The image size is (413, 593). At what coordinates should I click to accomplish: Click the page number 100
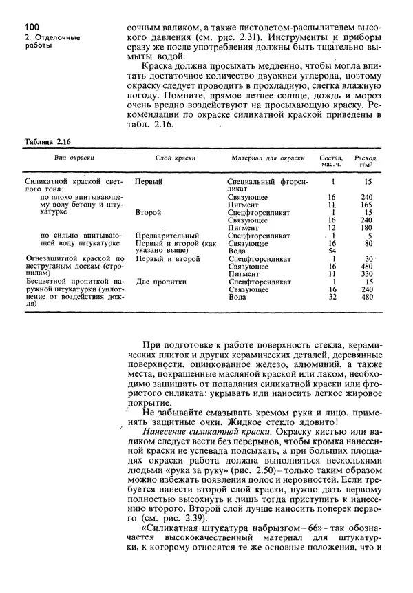click(22, 27)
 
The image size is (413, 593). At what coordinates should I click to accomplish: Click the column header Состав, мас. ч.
click(332, 162)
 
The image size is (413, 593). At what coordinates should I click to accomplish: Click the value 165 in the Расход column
click(368, 205)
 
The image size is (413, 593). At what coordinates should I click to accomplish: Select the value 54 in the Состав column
click(332, 251)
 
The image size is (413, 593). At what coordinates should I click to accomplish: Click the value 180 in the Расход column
click(368, 227)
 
